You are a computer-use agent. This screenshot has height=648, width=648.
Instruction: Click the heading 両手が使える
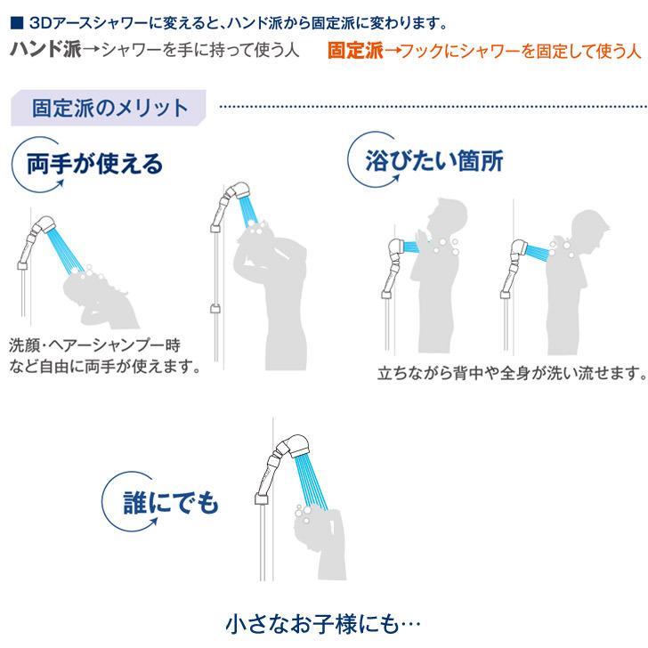93,164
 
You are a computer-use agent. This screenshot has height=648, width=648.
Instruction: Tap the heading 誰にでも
171,503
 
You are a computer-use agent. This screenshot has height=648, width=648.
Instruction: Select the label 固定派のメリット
109,109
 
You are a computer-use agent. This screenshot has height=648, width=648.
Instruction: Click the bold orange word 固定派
354,50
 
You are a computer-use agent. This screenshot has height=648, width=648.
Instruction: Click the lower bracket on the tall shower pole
215,309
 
